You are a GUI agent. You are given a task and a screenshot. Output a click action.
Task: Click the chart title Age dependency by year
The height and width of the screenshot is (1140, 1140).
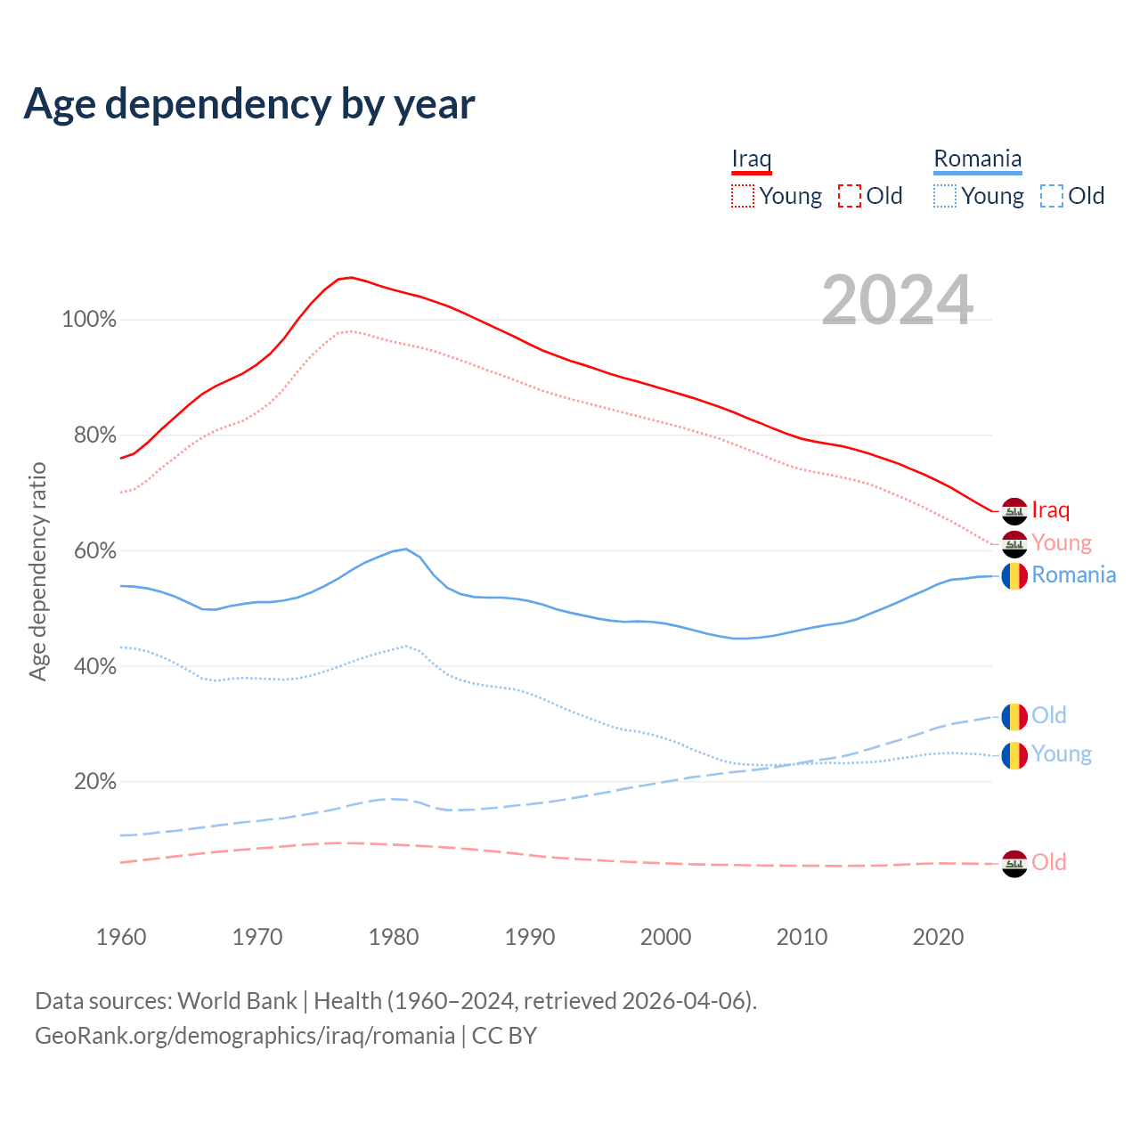pos(249,104)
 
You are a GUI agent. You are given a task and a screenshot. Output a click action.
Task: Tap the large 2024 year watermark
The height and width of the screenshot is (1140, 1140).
pos(897,300)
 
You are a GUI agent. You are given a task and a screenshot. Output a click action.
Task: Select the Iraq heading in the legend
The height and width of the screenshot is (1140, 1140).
pos(751,159)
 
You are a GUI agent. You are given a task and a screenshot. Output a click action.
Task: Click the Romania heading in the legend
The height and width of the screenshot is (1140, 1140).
pos(977,159)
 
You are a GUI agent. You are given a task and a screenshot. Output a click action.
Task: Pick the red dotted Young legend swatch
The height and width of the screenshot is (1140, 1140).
pos(742,196)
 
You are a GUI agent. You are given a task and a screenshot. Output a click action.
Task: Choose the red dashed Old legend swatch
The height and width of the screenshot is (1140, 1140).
pos(849,196)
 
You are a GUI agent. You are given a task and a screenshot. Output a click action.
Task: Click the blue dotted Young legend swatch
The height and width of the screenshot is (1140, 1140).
pos(944,196)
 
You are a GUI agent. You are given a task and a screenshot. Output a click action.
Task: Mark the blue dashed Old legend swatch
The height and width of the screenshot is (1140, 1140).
pos(1051,196)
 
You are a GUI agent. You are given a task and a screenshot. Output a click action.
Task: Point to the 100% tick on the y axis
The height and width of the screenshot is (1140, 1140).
pos(89,320)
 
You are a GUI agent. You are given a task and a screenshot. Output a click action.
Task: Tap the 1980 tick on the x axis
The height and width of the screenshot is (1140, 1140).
pos(394,937)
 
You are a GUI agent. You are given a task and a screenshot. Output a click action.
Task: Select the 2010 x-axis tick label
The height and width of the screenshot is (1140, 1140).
pos(802,937)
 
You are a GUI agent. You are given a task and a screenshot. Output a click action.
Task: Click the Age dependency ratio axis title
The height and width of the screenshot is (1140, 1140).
pos(37,571)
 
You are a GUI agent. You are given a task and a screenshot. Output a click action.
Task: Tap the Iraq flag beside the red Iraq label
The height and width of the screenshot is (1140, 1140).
pos(1014,511)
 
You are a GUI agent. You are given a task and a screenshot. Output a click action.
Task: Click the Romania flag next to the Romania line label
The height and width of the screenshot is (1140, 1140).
pos(1014,576)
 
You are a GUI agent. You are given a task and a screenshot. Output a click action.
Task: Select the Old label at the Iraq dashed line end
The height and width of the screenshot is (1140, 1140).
pos(1048,862)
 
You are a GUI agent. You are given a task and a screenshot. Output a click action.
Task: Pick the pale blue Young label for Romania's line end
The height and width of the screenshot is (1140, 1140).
pos(1062,754)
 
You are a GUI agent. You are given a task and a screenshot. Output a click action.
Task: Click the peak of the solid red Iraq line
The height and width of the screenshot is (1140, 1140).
pos(351,277)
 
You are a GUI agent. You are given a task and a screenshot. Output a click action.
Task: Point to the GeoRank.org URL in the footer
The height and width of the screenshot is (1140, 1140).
pos(245,1036)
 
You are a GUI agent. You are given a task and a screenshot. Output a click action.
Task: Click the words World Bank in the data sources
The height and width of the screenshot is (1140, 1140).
pos(237,1001)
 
